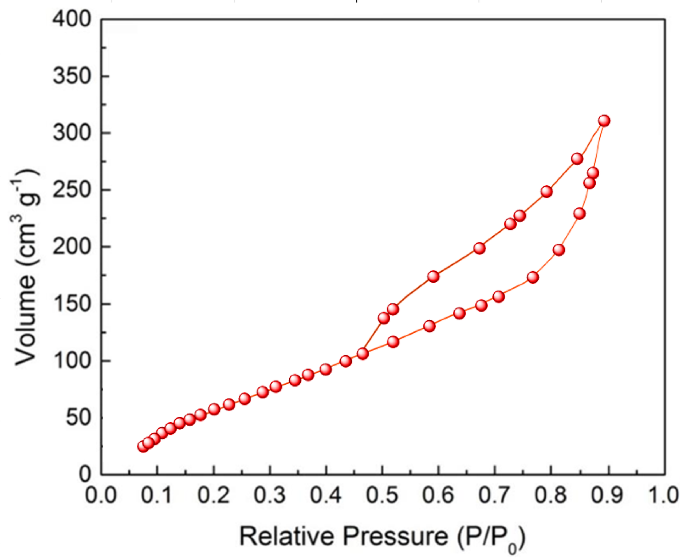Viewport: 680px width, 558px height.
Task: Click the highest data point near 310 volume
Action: click(x=604, y=121)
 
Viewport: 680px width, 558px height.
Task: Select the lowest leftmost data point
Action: click(x=143, y=446)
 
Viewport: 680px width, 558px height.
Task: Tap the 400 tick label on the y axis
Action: click(x=72, y=19)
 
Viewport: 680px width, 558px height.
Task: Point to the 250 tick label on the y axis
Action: click(x=72, y=190)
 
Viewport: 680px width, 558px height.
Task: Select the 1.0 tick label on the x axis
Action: click(x=663, y=495)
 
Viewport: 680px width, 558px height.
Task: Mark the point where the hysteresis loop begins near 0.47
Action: click(x=362, y=353)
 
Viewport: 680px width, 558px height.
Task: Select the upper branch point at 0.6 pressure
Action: click(x=433, y=276)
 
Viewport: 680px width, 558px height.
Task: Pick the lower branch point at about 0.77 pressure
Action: click(x=533, y=277)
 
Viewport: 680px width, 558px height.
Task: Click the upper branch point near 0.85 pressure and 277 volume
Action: click(x=577, y=159)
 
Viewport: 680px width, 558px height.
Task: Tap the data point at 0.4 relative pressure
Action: click(x=326, y=369)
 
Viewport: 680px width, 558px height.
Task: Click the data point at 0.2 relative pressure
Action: click(x=214, y=409)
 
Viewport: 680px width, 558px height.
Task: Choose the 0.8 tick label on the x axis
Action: click(x=551, y=495)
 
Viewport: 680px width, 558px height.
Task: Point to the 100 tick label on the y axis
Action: click(x=72, y=361)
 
